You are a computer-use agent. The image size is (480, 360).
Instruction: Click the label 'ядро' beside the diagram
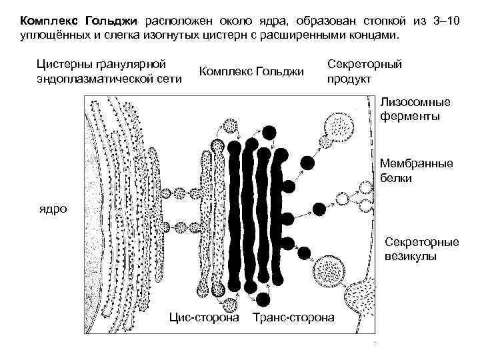(x=53, y=209)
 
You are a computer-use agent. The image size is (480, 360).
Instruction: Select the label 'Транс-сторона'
(x=293, y=317)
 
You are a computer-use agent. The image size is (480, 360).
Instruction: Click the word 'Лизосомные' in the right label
(x=415, y=103)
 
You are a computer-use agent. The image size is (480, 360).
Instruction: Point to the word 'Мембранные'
(x=416, y=163)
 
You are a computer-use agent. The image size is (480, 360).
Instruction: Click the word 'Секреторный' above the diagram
(x=365, y=65)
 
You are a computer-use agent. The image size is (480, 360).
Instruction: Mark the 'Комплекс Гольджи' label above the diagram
(x=252, y=71)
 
